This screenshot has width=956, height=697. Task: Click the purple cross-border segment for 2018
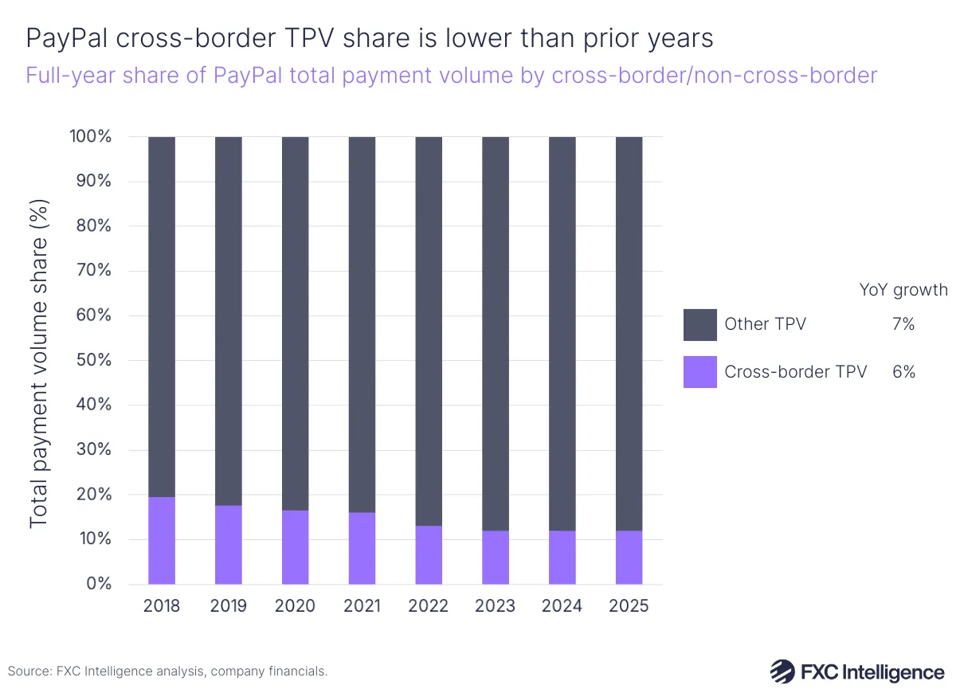[162, 540]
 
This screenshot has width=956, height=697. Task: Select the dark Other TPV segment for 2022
[429, 331]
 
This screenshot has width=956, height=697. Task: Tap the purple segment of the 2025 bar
[629, 557]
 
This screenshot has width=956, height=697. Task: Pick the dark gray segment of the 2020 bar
[295, 323]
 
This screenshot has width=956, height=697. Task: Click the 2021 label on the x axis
[362, 606]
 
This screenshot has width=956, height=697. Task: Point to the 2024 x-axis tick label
[562, 606]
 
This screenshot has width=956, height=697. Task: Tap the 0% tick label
[100, 584]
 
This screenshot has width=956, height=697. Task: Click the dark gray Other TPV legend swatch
[699, 325]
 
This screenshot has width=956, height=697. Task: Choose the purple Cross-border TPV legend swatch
[699, 372]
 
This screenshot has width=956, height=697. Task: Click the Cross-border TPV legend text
[795, 372]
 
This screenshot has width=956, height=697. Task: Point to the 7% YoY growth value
[903, 325]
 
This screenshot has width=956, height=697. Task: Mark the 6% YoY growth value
[903, 372]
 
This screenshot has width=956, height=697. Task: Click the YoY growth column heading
[903, 289]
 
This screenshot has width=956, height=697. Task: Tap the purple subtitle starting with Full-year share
[451, 76]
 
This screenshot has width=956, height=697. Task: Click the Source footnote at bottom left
[168, 672]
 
